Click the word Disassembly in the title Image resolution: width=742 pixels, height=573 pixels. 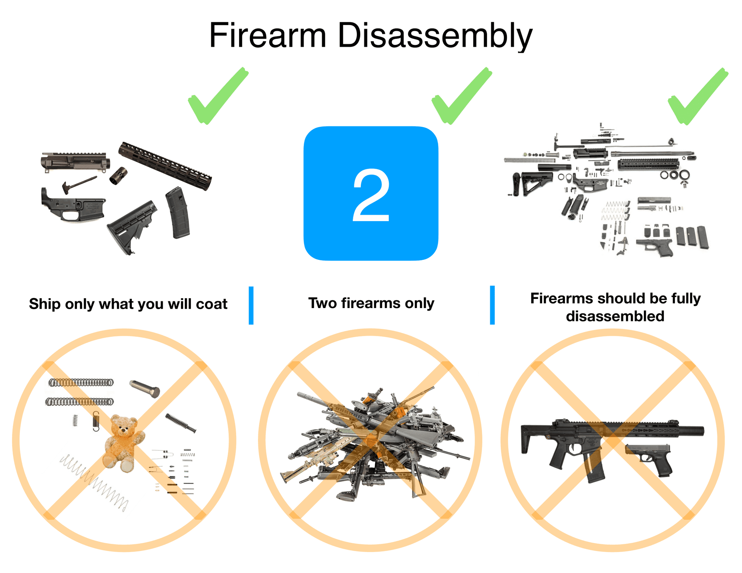(x=435, y=35)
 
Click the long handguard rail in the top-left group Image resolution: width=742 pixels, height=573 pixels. (x=165, y=165)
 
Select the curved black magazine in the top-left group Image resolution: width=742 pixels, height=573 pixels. (x=178, y=212)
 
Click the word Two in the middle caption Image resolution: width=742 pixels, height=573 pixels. (x=321, y=303)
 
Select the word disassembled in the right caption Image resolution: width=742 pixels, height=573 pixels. (x=615, y=316)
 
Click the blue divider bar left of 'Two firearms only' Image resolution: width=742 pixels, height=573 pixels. (x=251, y=305)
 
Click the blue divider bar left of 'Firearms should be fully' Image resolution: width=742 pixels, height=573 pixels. (x=492, y=305)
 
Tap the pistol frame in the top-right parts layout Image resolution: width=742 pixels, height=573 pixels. (x=654, y=246)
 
